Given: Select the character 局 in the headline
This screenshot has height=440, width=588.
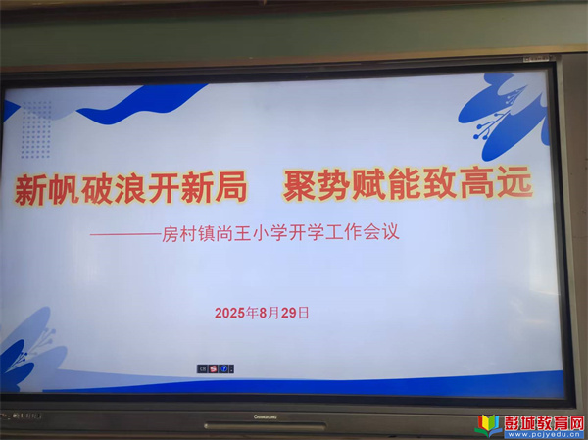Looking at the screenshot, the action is [x=231, y=186].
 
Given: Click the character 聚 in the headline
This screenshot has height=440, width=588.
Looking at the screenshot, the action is [x=298, y=185].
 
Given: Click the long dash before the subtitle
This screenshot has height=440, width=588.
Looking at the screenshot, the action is [x=125, y=234].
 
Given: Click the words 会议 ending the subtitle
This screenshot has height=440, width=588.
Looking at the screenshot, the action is [x=382, y=231].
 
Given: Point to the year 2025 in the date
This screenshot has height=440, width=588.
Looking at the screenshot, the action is [x=230, y=313].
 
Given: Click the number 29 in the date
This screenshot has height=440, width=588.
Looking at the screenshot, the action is [x=289, y=313].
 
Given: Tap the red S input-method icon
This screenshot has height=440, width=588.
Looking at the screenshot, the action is [x=213, y=369].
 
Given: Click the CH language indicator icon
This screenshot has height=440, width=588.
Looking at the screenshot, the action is [x=203, y=369].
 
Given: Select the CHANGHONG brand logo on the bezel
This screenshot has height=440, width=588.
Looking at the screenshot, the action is [x=266, y=416].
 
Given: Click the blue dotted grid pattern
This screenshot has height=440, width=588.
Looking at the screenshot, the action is [x=36, y=129].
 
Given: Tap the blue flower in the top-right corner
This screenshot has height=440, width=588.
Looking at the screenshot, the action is [x=504, y=116].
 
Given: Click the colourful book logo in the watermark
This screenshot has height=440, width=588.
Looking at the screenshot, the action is [x=489, y=425].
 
